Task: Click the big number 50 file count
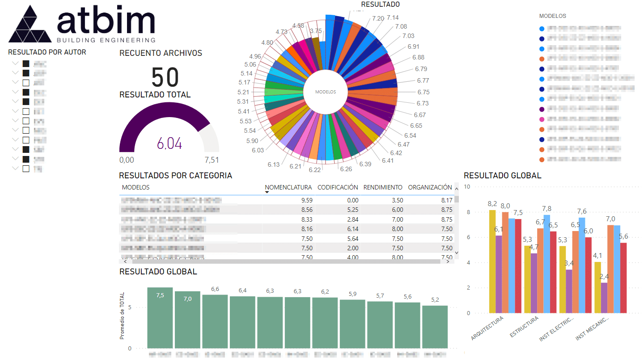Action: (x=165, y=77)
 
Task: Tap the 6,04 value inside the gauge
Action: (x=169, y=143)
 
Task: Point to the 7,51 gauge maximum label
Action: (x=212, y=160)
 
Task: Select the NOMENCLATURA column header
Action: (x=288, y=187)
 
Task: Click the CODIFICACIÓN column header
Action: (x=338, y=187)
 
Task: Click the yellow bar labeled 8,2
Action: (x=492, y=261)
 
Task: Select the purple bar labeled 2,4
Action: (x=604, y=298)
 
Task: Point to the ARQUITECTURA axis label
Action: (x=487, y=328)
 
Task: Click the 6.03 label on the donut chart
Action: (x=258, y=150)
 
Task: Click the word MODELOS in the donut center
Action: (x=325, y=92)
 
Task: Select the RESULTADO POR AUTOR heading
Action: (x=47, y=52)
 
